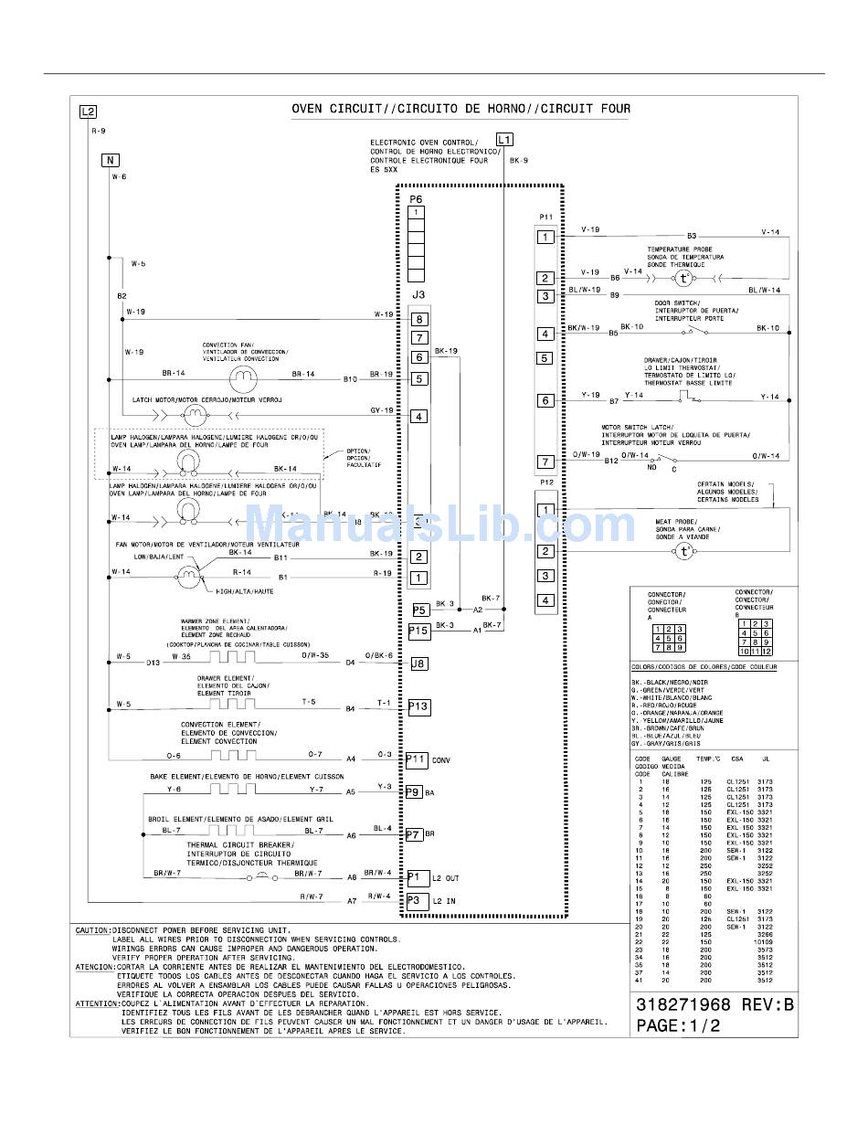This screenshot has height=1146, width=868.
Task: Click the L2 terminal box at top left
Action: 88,111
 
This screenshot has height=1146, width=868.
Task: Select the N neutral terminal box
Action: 110,160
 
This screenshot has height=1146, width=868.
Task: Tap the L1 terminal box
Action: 505,139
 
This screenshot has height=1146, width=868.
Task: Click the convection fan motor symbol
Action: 243,377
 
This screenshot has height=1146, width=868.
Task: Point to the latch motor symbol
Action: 195,416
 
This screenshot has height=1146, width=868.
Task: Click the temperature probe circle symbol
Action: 683,278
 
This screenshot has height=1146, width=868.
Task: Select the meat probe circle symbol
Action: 684,551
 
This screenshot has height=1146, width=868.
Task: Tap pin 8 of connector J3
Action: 418,319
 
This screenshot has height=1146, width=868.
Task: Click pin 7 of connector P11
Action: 545,462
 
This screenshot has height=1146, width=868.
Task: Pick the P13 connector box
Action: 418,706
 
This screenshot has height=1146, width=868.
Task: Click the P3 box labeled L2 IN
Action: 417,900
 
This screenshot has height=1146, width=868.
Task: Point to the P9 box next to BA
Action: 413,792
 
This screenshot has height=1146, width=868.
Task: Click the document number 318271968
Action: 683,1004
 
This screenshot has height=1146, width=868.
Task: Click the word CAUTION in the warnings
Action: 91,930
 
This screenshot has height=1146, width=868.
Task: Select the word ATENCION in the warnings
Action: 93,967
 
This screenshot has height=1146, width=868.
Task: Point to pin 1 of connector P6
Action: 416,212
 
